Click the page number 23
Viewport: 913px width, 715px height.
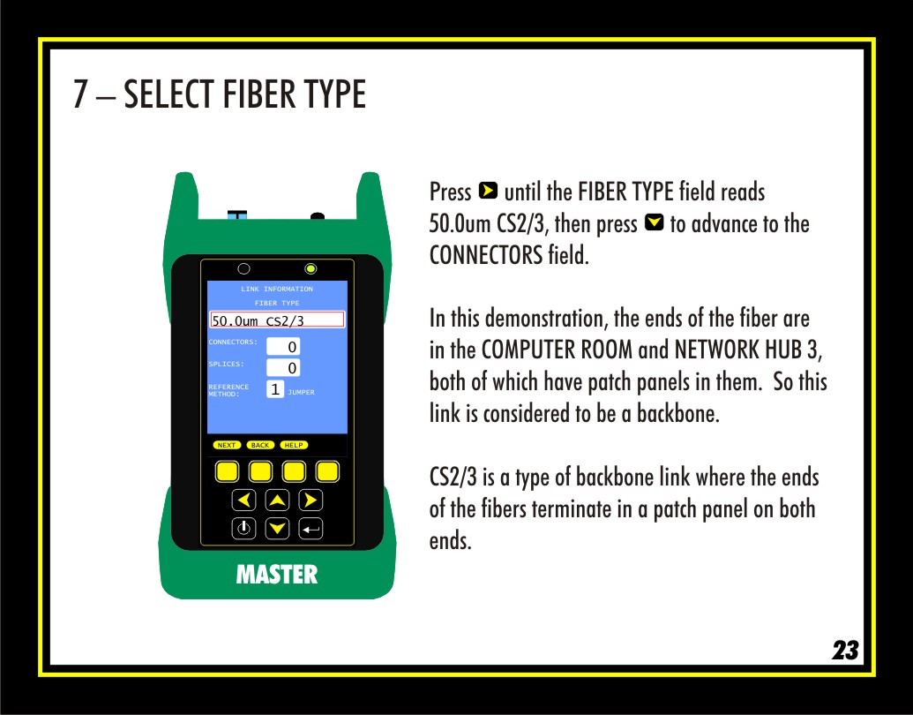[x=845, y=650]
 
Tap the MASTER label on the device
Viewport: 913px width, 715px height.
[x=277, y=575]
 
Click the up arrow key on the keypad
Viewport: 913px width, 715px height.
[x=277, y=500]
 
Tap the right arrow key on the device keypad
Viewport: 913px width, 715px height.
[x=311, y=500]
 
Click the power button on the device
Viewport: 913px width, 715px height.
[x=244, y=529]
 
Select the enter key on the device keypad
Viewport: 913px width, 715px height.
[x=311, y=529]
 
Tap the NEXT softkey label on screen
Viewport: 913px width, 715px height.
[x=227, y=445]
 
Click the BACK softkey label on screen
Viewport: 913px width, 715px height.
[x=260, y=445]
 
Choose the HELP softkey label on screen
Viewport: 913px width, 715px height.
[x=294, y=445]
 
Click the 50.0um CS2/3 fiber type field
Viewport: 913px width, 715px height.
[x=277, y=320]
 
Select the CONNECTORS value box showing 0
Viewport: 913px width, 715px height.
[x=283, y=346]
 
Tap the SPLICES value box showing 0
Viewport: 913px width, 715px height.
[x=283, y=368]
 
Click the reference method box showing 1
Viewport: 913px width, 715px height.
[x=275, y=389]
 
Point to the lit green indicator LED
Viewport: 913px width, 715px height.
[x=311, y=268]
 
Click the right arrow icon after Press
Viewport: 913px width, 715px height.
[x=488, y=191]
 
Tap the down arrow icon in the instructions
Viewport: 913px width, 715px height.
[x=655, y=222]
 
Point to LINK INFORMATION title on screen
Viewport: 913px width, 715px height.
[x=277, y=289]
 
